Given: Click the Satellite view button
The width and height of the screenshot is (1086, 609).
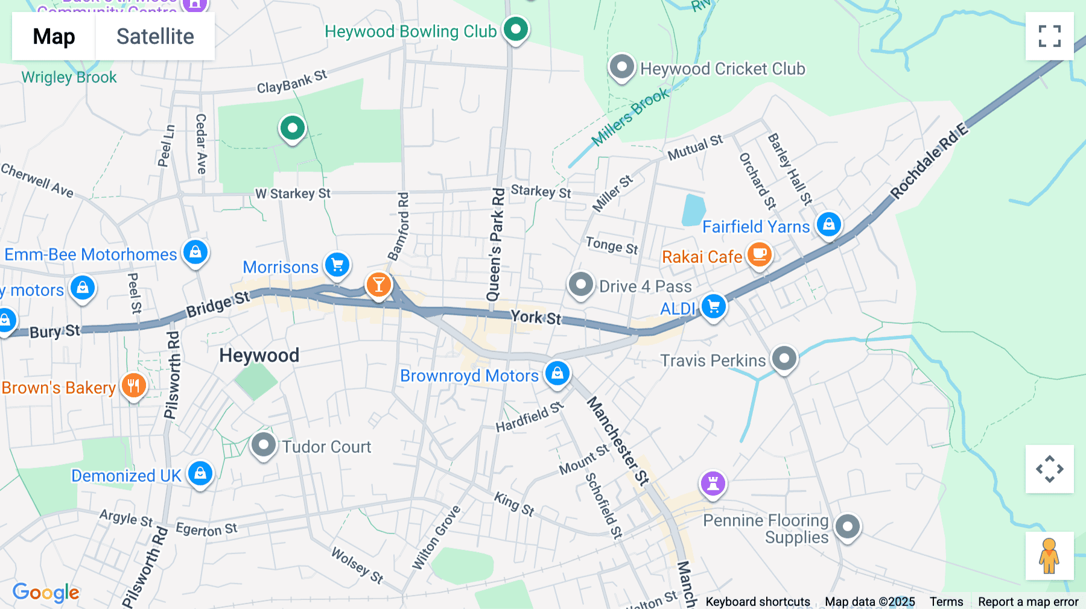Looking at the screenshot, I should click(x=155, y=37).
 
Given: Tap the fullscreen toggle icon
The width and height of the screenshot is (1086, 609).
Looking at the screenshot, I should click(x=1049, y=36).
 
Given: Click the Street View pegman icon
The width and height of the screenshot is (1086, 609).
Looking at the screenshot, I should click(x=1049, y=556).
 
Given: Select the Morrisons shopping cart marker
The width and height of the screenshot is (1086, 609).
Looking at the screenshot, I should click(x=337, y=265).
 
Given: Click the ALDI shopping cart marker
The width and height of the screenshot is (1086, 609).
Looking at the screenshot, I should click(x=714, y=307).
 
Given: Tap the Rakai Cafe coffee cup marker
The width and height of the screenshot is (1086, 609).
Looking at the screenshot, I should click(x=760, y=254).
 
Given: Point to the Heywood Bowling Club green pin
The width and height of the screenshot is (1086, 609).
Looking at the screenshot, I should click(x=516, y=29).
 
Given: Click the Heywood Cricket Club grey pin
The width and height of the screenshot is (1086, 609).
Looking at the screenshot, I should click(x=621, y=67).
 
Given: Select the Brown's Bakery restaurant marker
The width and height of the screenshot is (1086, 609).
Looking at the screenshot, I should click(x=133, y=386).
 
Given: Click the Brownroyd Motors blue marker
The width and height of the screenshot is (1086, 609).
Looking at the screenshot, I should click(x=557, y=373).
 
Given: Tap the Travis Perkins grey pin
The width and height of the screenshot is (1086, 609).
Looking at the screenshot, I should click(x=784, y=359).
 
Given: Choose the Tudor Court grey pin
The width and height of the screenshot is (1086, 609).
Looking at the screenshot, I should click(x=263, y=446).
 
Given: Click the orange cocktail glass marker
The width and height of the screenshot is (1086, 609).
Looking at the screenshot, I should click(x=379, y=284).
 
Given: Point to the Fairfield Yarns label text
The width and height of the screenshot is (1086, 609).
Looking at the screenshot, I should click(x=756, y=227).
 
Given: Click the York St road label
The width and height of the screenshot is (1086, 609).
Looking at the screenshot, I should click(x=536, y=317).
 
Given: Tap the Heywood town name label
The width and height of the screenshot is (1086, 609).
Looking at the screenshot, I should click(x=259, y=355).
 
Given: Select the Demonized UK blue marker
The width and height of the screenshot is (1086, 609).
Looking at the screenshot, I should click(x=200, y=474).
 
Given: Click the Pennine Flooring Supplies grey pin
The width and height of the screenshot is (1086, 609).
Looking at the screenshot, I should click(x=847, y=527).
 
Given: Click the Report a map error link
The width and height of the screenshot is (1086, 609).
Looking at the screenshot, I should click(x=1028, y=602).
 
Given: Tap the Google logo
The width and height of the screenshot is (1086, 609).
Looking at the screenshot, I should click(x=46, y=593).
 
